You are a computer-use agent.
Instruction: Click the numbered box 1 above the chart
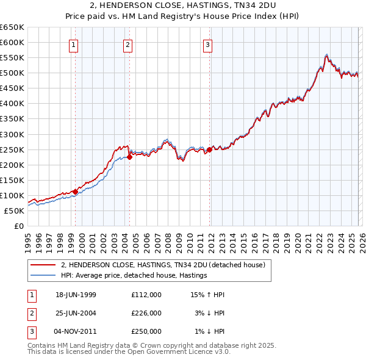pos(74,44)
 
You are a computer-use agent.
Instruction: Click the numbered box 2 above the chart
pos(127,44)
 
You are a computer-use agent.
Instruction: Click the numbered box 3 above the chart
pos(207,44)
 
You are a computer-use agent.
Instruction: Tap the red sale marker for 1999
pos(75,192)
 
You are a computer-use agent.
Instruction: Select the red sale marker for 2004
pos(129,157)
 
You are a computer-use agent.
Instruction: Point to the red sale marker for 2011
pos(209,149)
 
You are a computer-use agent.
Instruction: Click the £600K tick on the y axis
pos(12,42)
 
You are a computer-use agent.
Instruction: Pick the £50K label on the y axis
pos(15,211)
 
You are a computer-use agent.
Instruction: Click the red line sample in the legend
pos(43,265)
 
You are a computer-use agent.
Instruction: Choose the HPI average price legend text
pos(134,276)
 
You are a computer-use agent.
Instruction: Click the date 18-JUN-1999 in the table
pos(76,295)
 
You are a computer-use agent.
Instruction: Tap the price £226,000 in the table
pos(146,313)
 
